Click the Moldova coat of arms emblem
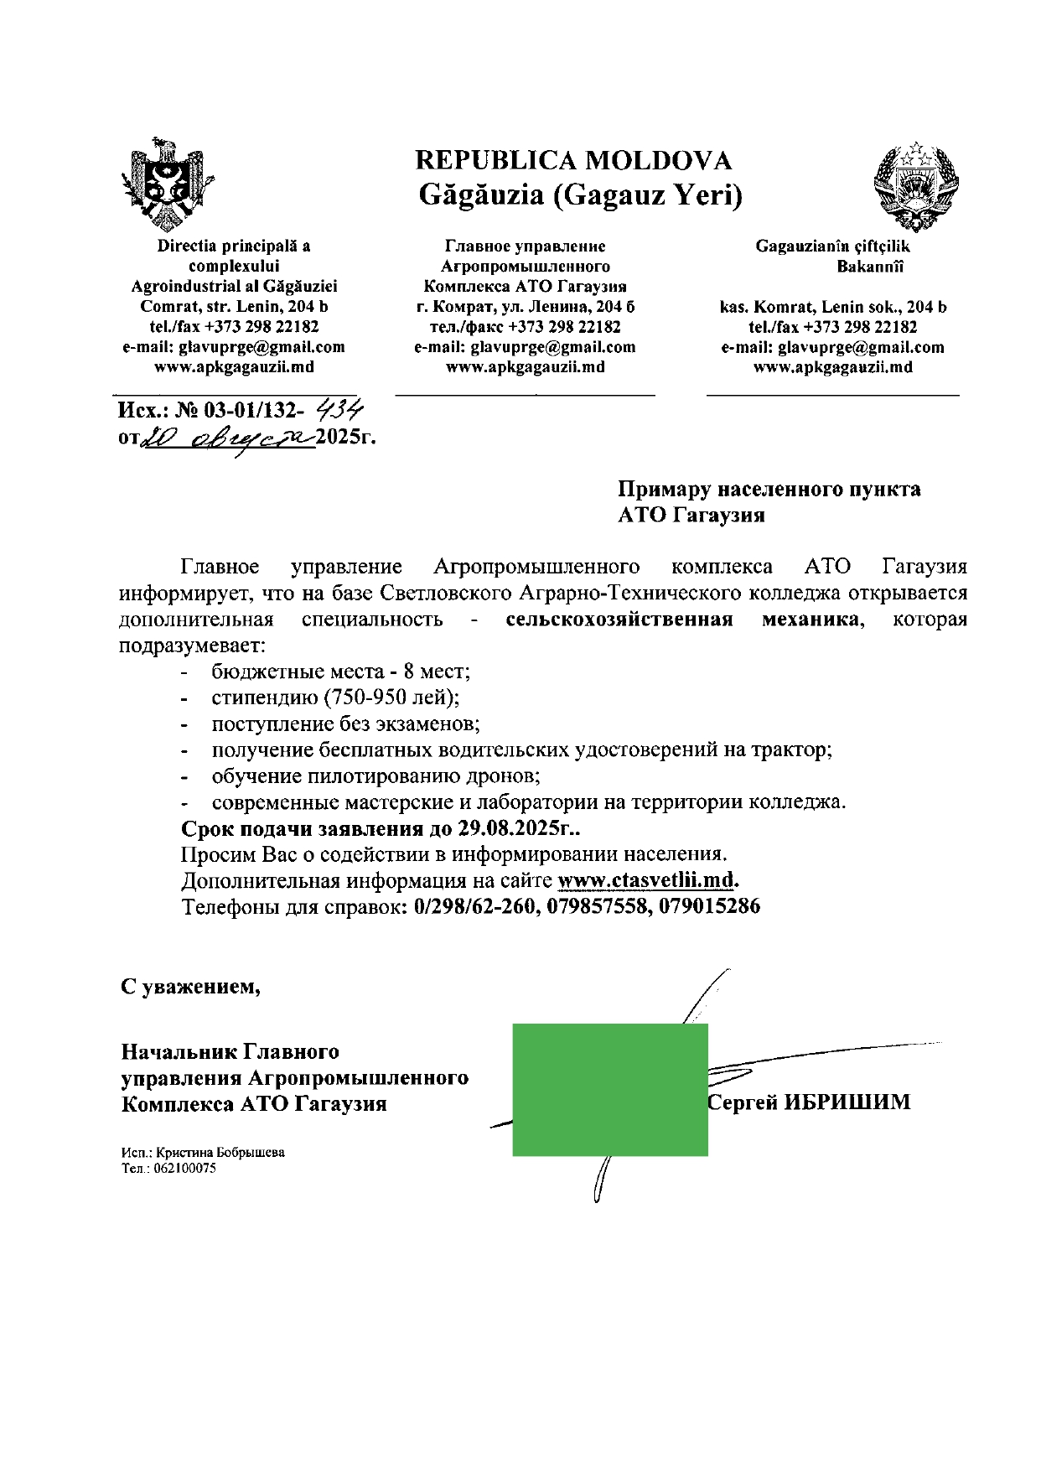click(165, 185)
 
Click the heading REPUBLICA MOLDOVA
click(573, 160)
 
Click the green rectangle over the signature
click(609, 1089)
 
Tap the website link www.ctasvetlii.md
click(646, 880)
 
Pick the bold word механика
click(811, 620)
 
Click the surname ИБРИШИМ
click(847, 1102)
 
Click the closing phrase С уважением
click(190, 987)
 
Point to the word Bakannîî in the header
click(870, 267)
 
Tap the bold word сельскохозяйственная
click(619, 620)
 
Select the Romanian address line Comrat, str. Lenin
click(234, 306)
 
